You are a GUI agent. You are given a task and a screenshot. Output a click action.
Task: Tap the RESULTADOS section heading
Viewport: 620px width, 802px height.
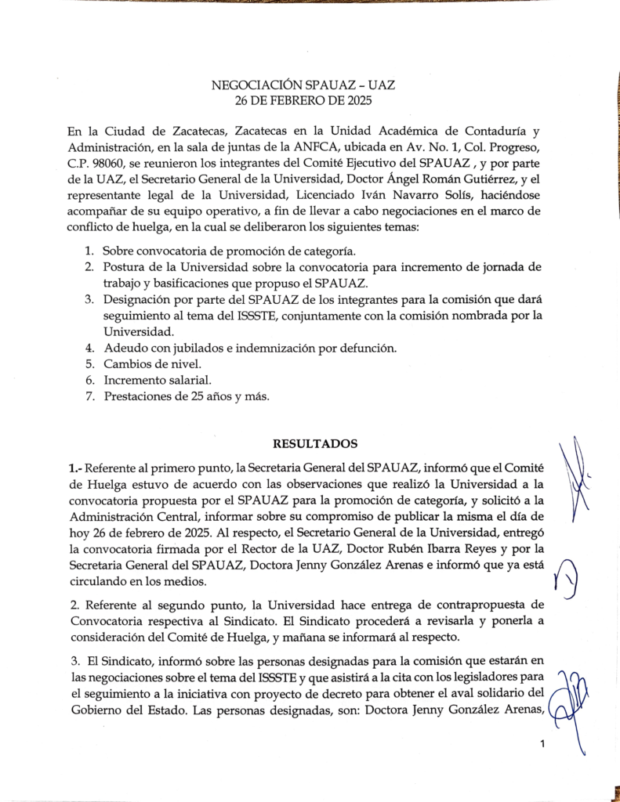point(314,443)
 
